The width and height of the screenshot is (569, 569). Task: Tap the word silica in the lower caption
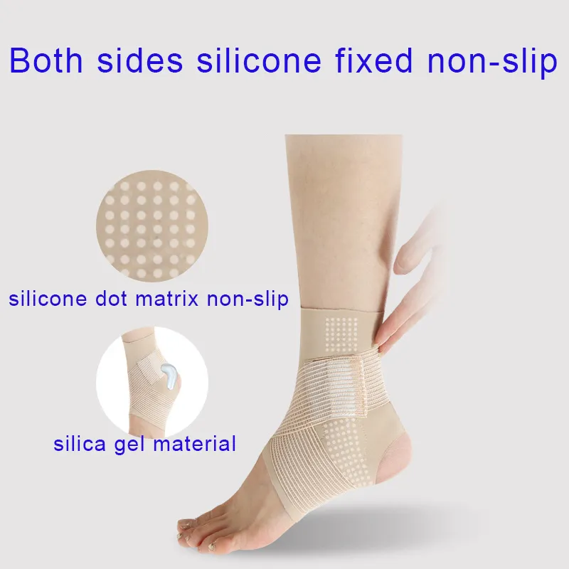coord(78,445)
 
